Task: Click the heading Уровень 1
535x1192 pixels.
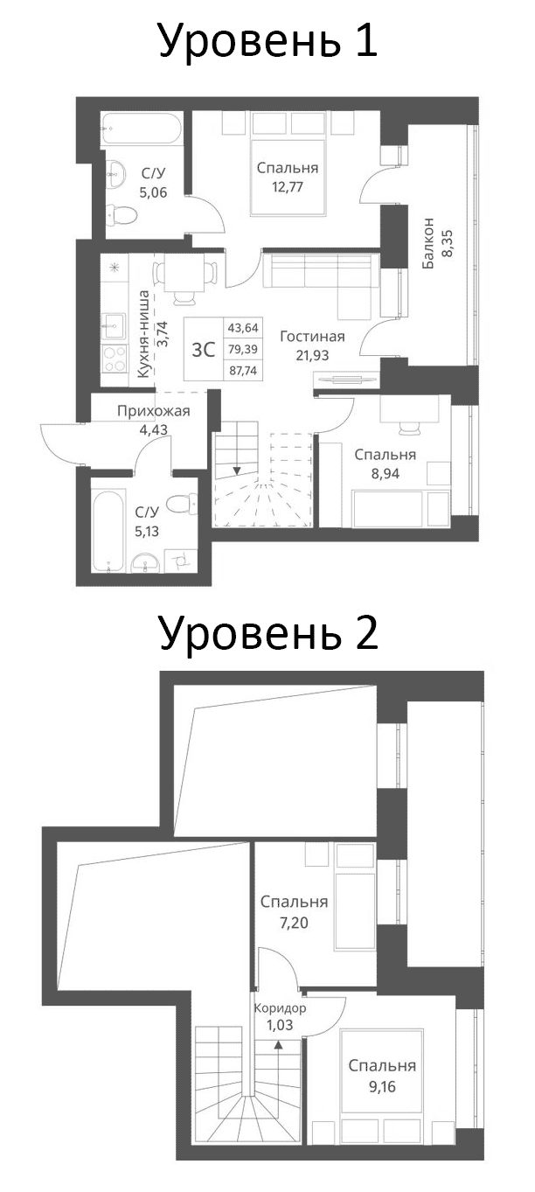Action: (x=267, y=41)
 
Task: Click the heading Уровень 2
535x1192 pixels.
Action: (x=267, y=631)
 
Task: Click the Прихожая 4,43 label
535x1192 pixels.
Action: (x=154, y=420)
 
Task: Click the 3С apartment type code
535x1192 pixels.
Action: (x=203, y=349)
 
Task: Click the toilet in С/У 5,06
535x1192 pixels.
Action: (x=115, y=213)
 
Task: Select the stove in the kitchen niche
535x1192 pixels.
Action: (x=115, y=359)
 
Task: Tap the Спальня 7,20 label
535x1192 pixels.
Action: (x=295, y=910)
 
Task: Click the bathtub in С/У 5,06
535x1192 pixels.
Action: (x=141, y=129)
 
